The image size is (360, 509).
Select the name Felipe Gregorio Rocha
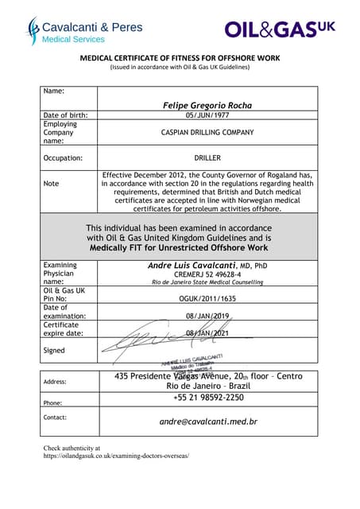(207, 104)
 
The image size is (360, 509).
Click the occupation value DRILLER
(207, 157)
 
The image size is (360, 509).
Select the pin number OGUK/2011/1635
(207, 299)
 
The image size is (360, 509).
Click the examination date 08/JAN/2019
(207, 317)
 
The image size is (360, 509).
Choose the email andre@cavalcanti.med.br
(208, 422)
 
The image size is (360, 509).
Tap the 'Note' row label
(52, 183)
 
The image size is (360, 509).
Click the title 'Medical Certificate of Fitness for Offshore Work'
(179, 58)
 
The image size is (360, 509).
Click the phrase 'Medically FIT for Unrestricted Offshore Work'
(179, 247)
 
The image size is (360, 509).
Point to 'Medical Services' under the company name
(73, 39)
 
